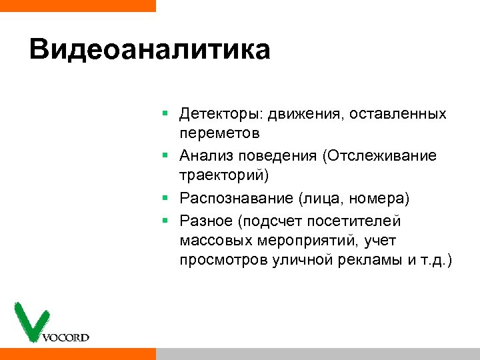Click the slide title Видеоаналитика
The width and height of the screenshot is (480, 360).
149,51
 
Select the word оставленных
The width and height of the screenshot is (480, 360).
404,113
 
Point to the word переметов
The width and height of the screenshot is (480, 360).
219,134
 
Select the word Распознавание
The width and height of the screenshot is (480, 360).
236,198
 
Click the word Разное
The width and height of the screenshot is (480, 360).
203,220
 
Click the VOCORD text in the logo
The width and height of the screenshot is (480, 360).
65,337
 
